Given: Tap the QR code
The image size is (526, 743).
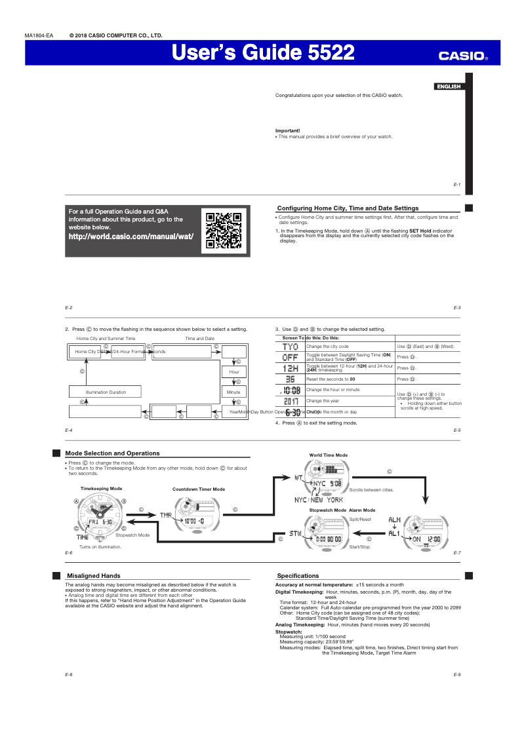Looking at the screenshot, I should click(x=224, y=231).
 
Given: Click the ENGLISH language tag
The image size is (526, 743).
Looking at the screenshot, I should click(x=449, y=86).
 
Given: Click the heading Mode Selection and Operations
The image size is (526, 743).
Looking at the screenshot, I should click(x=112, y=453).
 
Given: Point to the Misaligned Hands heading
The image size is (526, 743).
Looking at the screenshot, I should click(x=94, y=575).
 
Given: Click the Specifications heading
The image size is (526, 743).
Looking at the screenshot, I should click(x=298, y=575).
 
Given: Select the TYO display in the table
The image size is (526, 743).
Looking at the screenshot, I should click(x=290, y=346).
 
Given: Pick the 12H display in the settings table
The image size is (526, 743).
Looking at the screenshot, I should click(x=290, y=368).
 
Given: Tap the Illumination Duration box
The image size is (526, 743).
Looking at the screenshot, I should click(x=106, y=392).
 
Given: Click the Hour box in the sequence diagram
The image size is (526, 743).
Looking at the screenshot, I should click(x=234, y=371).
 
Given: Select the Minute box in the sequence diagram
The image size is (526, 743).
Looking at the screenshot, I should click(x=234, y=392).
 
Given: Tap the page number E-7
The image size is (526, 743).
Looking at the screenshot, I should click(x=456, y=552).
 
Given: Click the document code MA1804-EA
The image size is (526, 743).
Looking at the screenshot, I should click(x=39, y=35).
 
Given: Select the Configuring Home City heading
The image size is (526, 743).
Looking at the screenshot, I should click(x=348, y=208).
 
